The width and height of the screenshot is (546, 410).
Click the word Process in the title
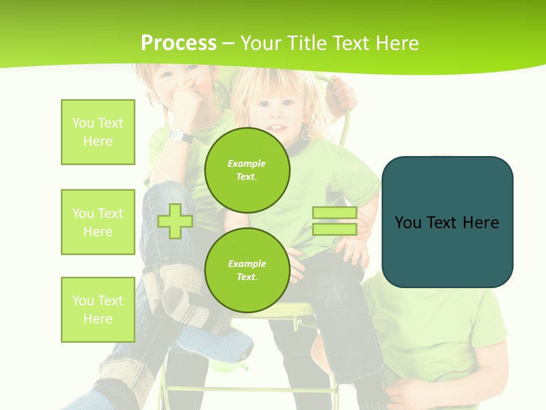179,43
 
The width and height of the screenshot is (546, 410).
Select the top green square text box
98,132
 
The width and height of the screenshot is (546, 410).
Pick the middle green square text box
98,222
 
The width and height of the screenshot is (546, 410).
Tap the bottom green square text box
98,310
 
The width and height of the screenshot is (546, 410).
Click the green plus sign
175,221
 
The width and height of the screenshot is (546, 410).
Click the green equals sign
334,221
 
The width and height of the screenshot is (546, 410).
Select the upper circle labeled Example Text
247,170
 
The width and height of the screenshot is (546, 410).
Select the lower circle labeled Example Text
247,270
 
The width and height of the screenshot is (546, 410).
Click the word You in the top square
83,123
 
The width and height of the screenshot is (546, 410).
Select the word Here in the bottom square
98,319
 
